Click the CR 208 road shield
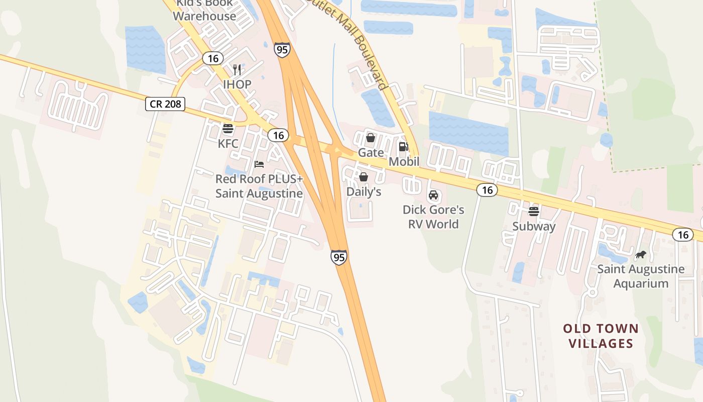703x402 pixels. (165, 104)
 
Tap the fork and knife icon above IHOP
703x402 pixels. (237, 70)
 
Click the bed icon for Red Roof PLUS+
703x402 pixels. (259, 164)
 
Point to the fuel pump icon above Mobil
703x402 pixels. (403, 147)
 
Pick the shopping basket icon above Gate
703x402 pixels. (371, 137)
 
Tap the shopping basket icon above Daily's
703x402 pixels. (364, 177)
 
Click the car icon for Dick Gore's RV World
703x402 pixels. (433, 195)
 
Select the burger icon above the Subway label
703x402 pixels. (534, 211)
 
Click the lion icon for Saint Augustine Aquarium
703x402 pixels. (640, 255)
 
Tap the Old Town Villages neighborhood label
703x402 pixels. (601, 336)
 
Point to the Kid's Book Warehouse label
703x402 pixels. (204, 10)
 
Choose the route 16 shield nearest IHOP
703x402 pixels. (213, 58)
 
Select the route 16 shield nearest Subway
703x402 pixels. (487, 189)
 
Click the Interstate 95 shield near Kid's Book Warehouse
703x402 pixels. (282, 49)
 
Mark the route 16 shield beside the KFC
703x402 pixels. (278, 135)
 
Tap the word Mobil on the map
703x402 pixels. (404, 162)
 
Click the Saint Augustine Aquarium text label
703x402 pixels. (641, 276)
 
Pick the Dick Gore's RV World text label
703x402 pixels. (433, 217)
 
